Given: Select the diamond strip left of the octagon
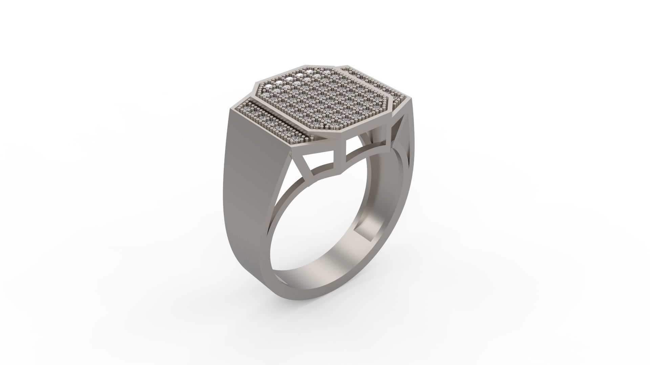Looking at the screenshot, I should click(x=267, y=122).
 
